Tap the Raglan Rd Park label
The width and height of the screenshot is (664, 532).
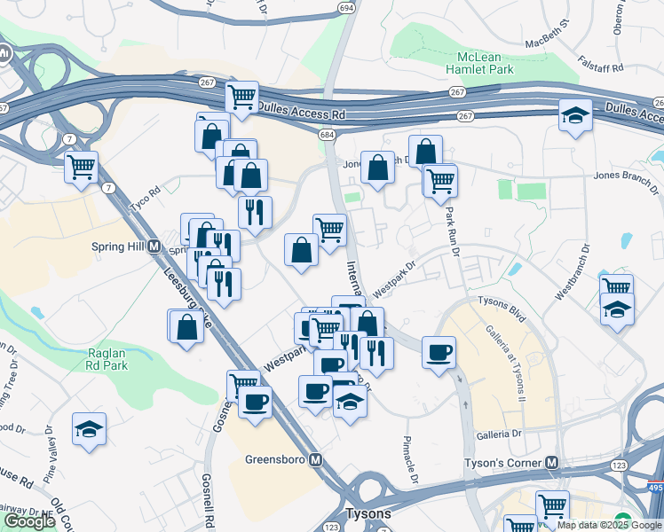pos(107,358)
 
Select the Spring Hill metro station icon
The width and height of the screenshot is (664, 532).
pos(154,246)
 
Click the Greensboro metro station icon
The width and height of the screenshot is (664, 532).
pos(313,459)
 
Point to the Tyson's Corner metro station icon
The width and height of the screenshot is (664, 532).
pos(551,463)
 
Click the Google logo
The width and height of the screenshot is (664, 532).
pos(28,521)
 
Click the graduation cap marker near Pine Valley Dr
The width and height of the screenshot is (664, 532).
pos(90,429)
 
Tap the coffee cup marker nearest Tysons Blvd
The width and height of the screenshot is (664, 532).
pos(439,352)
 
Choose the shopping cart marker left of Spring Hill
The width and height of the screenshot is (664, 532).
pos(81,166)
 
